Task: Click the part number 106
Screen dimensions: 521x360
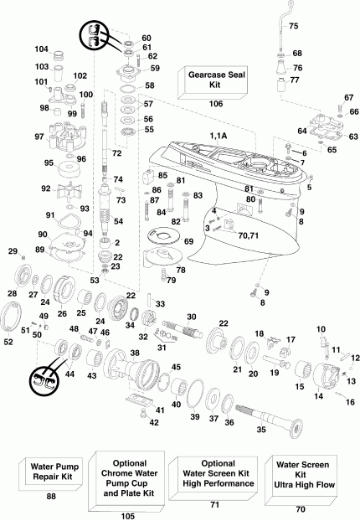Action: click(215, 105)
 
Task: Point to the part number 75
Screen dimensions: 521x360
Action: click(293, 28)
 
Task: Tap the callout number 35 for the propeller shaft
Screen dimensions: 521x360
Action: click(260, 430)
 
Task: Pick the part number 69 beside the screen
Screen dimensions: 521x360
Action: click(189, 241)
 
